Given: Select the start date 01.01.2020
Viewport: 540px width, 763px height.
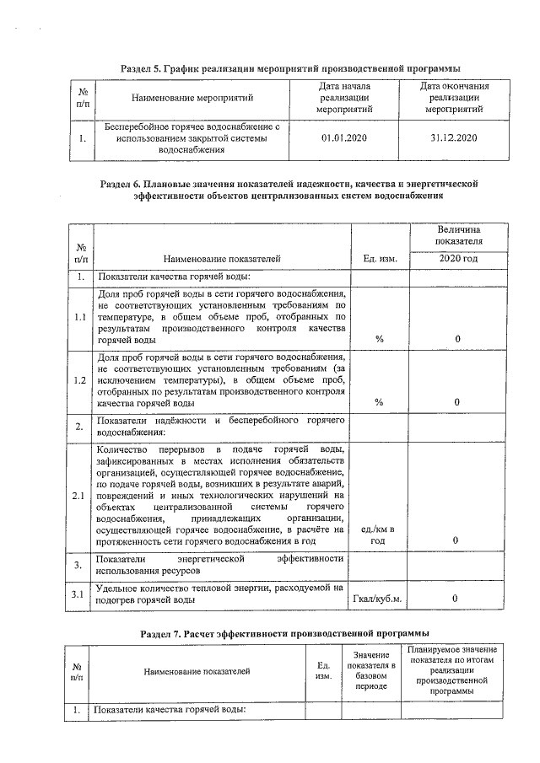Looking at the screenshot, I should click(x=345, y=137).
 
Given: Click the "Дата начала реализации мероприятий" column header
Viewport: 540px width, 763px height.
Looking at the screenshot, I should click(x=345, y=99).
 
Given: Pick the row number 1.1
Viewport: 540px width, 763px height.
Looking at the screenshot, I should click(x=80, y=317).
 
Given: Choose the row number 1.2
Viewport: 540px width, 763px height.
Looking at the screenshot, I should click(x=80, y=380).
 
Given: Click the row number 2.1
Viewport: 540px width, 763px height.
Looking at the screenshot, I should click(x=80, y=495).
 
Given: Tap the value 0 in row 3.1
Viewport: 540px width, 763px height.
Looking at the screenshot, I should click(x=456, y=599).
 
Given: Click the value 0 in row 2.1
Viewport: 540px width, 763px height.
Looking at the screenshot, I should click(x=456, y=540).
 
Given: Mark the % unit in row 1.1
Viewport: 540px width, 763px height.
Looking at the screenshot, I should click(x=379, y=339).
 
